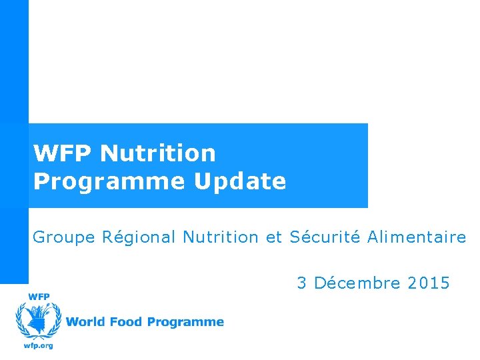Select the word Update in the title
click(x=240, y=181)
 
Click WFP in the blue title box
click(x=63, y=153)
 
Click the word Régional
click(x=139, y=237)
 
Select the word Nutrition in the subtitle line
click(x=220, y=237)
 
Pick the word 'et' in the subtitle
click(x=274, y=237)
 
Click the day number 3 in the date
click(x=302, y=283)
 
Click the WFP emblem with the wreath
click(x=38, y=321)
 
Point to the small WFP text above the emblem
click(x=38, y=296)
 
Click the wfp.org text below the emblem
click(x=38, y=345)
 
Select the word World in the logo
click(x=85, y=322)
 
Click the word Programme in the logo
click(x=185, y=323)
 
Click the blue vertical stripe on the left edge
click(x=14, y=133)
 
